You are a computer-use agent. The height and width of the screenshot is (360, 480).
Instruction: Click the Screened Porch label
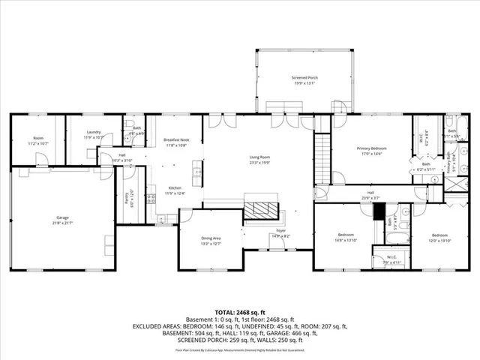pyautogui.click(x=304, y=77)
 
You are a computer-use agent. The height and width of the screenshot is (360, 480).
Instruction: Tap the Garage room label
pyautogui.click(x=61, y=217)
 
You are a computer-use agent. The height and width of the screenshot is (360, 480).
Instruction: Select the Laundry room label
pyautogui.click(x=93, y=132)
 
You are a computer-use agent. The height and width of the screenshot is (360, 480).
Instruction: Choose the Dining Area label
pyautogui.click(x=210, y=238)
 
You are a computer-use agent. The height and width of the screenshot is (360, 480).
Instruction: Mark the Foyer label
pyautogui.click(x=280, y=231)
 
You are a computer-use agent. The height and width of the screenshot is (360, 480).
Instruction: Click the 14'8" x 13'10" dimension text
pyautogui.click(x=346, y=240)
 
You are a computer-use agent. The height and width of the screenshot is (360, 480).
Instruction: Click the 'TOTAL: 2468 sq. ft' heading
pyautogui.click(x=240, y=312)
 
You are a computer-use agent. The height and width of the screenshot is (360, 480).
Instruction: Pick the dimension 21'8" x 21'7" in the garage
pyautogui.click(x=61, y=223)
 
